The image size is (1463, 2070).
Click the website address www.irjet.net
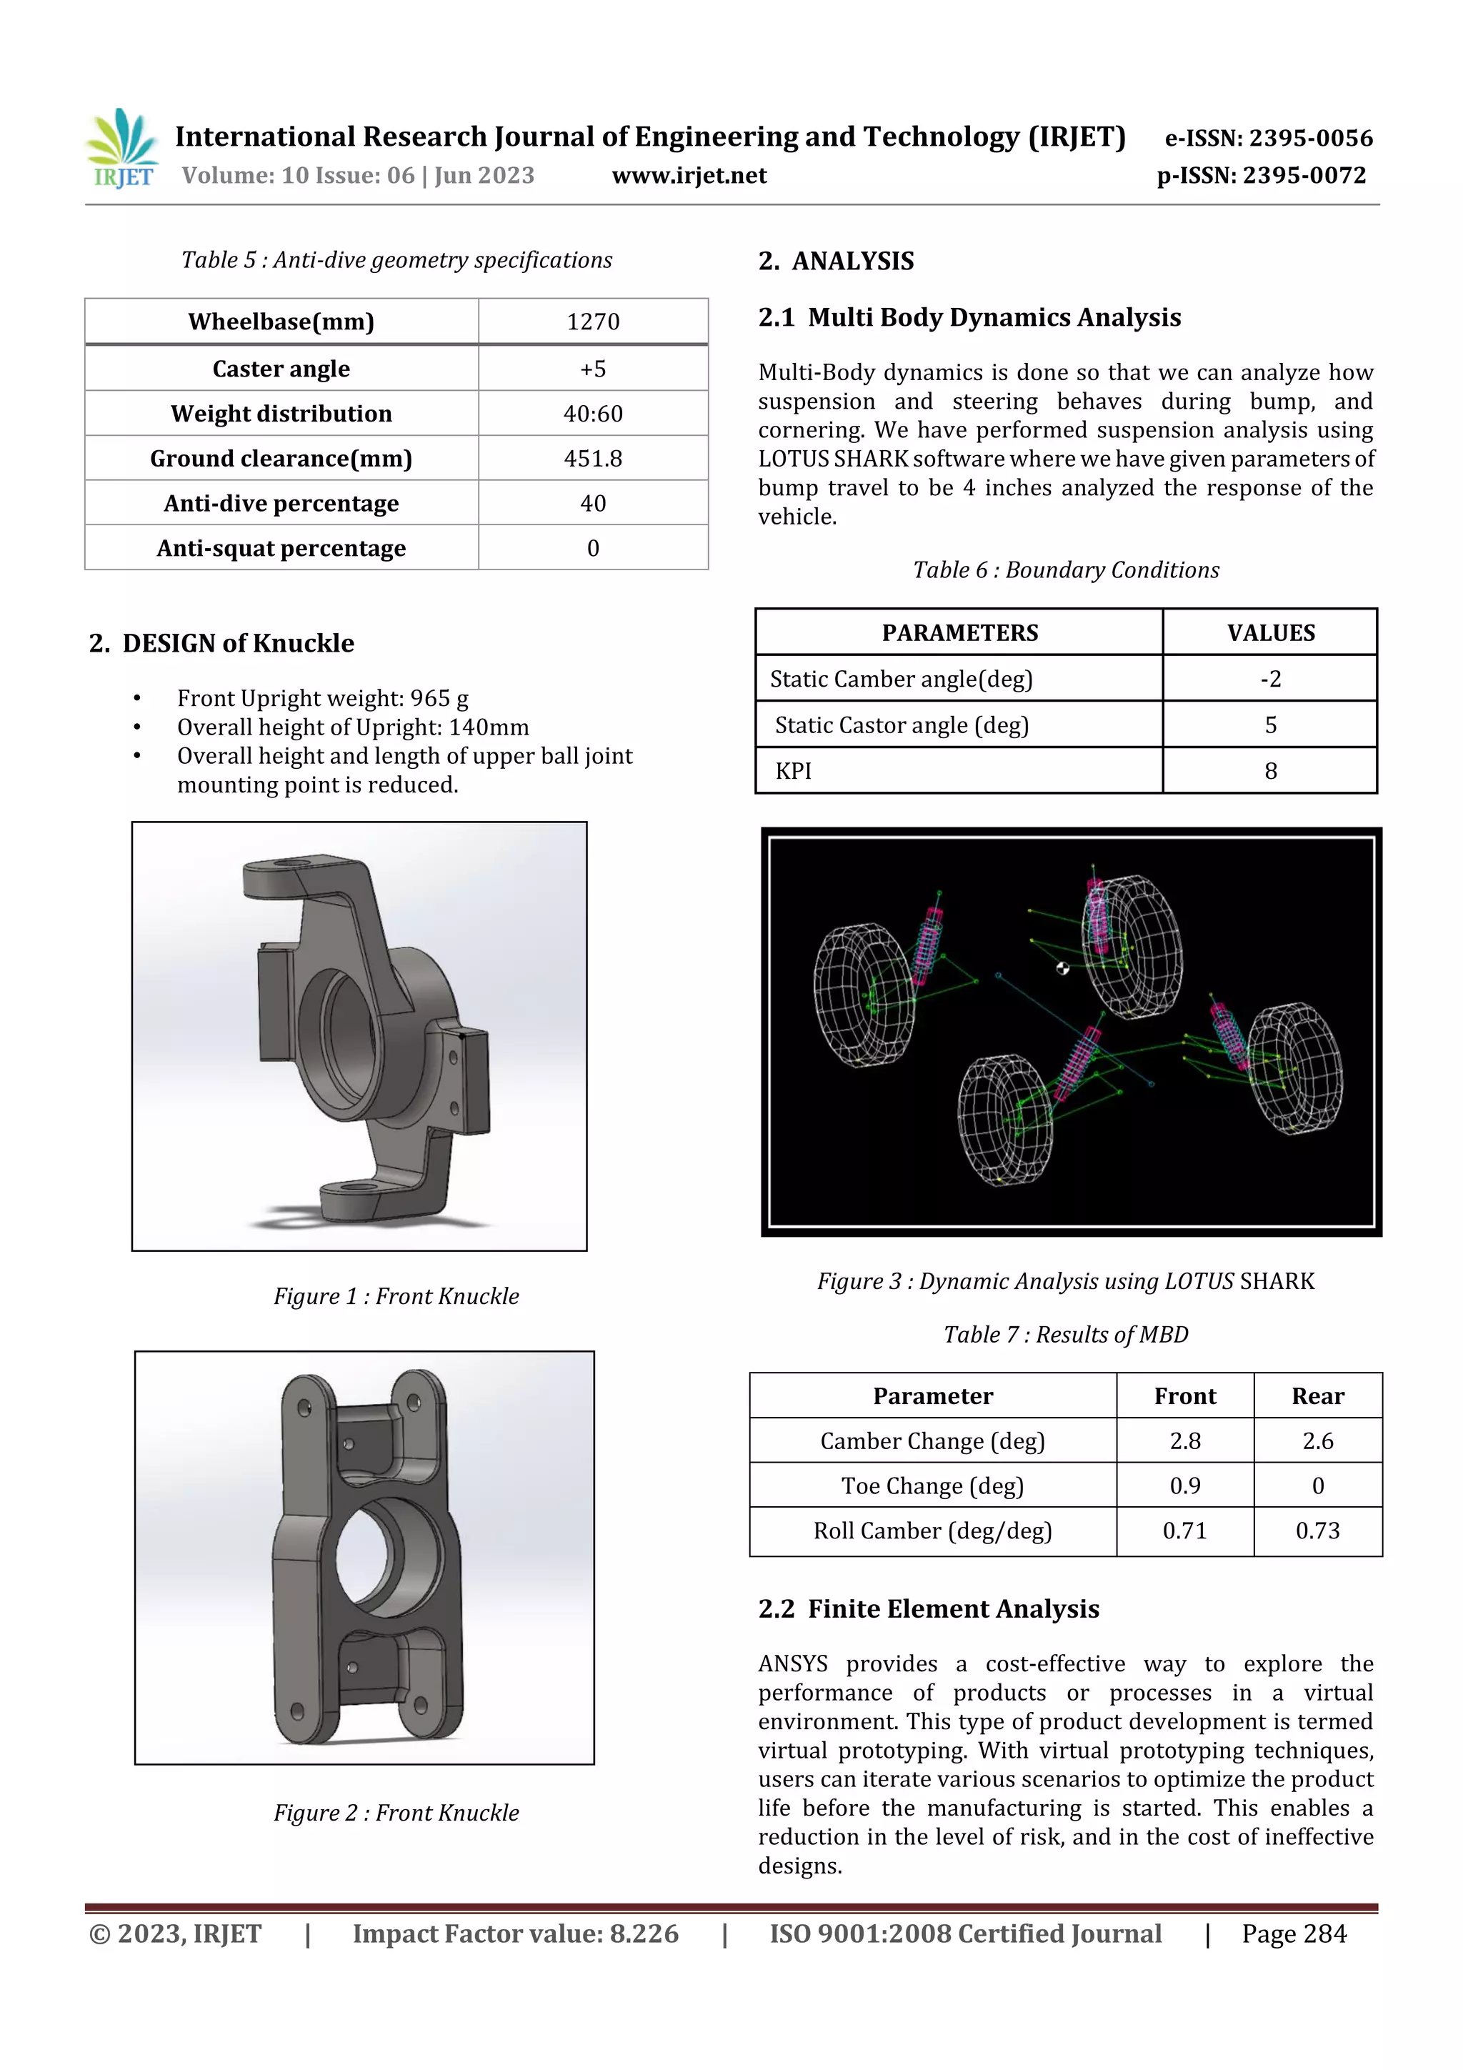click(689, 176)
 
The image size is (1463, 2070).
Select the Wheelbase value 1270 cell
click(592, 322)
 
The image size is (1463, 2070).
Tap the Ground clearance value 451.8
click(592, 459)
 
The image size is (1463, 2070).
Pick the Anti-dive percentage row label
click(281, 504)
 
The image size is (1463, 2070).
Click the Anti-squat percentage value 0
click(592, 548)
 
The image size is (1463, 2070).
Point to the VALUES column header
click(1270, 633)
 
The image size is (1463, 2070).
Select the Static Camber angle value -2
click(1270, 679)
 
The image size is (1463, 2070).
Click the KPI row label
click(793, 771)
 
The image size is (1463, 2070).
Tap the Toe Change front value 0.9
click(1184, 1486)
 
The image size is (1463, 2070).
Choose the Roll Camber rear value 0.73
click(1317, 1531)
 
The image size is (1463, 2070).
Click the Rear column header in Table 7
click(1317, 1396)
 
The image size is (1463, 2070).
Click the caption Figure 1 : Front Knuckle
click(396, 1296)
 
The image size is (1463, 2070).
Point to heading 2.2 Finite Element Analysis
click(929, 1609)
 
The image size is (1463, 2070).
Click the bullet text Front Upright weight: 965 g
click(321, 699)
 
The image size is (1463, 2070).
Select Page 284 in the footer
click(1294, 1934)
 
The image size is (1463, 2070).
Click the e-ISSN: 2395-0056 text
click(1268, 139)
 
